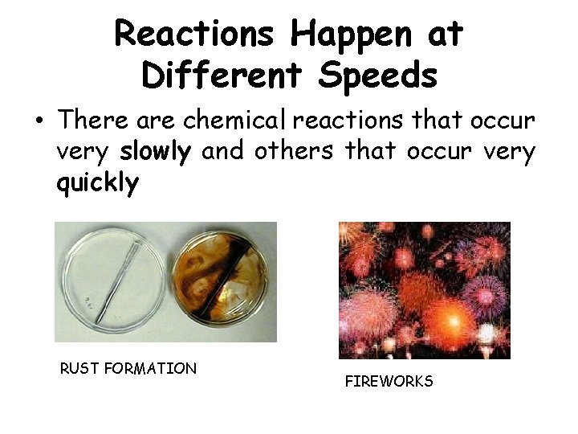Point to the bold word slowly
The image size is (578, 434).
point(154,153)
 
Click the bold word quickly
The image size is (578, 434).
point(97,184)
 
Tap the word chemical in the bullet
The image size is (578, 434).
point(235,121)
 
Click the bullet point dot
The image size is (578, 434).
point(38,121)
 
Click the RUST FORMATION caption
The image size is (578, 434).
point(128,369)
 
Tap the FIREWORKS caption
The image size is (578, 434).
point(389,382)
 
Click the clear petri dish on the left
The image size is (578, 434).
point(112,281)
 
